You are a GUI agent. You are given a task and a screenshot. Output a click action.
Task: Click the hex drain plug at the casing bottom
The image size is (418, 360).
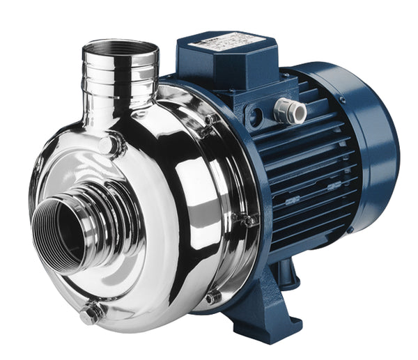click(x=91, y=315)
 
